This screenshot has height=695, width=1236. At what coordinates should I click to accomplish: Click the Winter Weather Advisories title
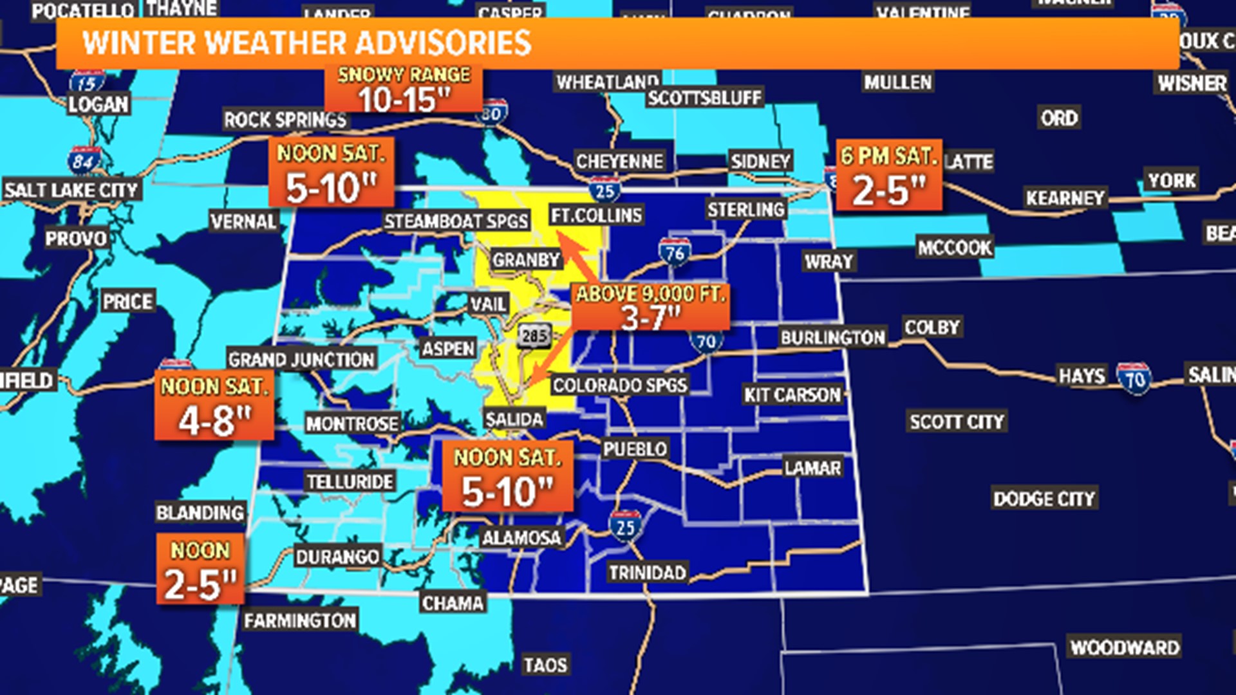307,43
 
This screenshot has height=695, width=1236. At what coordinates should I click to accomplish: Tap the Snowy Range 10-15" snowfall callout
404,90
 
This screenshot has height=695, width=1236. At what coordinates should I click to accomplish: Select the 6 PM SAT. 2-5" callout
888,175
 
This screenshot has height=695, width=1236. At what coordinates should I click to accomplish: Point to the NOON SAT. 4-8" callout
214,406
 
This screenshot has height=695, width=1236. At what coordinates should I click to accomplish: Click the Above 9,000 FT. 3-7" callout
650,307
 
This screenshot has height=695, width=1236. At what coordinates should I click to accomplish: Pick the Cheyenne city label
619,161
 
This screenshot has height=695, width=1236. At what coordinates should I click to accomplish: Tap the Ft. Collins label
596,215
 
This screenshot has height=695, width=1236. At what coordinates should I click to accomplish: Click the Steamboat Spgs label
456,221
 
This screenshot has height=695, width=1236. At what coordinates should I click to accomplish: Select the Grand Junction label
301,359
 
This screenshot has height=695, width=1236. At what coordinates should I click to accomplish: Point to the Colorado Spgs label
620,385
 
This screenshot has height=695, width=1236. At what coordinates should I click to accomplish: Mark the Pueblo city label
635,449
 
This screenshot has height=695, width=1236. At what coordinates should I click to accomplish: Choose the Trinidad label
648,572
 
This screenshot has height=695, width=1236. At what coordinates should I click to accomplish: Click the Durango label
337,556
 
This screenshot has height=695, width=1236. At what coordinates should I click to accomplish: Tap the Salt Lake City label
71,190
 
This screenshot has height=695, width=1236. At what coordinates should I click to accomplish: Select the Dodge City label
1044,499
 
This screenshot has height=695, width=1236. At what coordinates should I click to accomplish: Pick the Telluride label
350,481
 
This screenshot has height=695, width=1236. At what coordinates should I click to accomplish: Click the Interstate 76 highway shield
675,252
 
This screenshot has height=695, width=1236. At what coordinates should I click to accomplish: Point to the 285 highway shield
534,335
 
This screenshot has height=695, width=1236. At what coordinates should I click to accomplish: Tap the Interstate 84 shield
84,160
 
